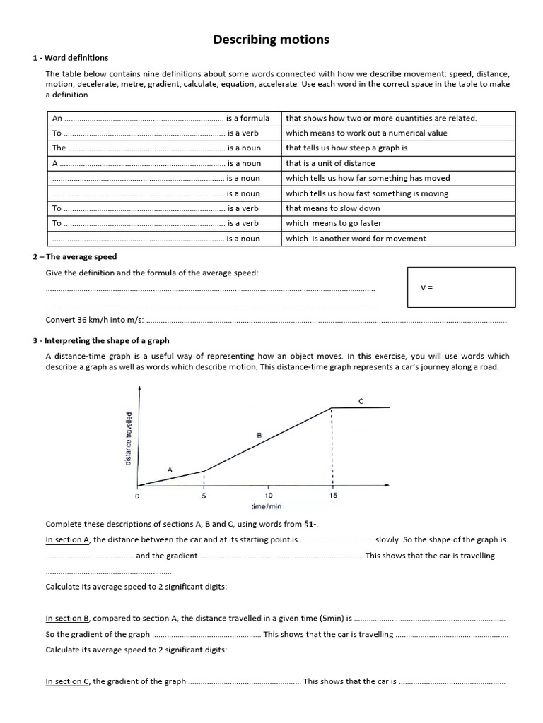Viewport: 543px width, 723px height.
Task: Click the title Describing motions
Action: pos(271,40)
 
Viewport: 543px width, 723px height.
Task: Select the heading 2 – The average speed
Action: pos(74,257)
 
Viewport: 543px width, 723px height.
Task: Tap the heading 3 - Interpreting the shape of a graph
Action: pos(100,340)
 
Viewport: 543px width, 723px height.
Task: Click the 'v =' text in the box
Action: pos(426,288)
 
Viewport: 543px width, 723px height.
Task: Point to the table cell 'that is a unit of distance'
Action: pos(330,163)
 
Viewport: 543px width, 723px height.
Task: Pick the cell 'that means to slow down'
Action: pos(332,208)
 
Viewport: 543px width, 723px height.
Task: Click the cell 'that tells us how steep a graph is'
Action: pos(346,148)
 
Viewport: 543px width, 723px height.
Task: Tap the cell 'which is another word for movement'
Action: pos(356,239)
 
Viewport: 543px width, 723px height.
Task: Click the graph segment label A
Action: pos(170,469)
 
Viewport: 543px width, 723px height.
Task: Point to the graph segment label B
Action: pos(259,436)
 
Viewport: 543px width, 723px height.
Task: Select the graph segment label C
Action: pos(361,401)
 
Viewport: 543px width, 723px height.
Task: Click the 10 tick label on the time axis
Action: pos(269,496)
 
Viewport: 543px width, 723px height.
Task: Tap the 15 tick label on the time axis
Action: pos(333,496)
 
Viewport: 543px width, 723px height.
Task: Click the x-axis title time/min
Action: pos(267,507)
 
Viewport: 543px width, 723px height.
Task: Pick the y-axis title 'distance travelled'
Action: pos(128,438)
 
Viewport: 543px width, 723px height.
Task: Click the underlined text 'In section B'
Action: pos(68,619)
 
